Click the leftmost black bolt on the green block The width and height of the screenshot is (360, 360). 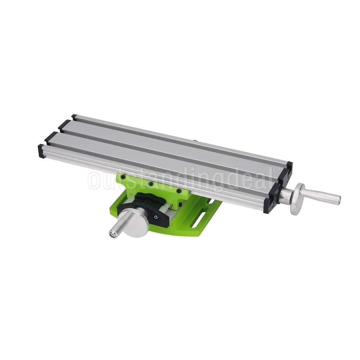click(123, 177)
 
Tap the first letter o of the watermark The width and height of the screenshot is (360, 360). click(94, 180)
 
